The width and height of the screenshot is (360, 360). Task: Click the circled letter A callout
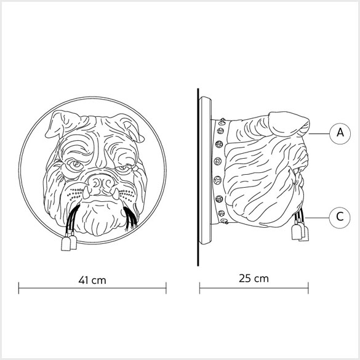pos(340,134)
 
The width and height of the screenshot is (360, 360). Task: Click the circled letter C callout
pos(340,217)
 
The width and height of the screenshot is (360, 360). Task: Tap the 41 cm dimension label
pos(92,280)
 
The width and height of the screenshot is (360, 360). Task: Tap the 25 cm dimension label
pos(254,278)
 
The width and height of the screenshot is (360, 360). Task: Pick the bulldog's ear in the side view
pos(289,124)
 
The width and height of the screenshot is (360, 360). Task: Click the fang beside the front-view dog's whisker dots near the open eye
pos(86,193)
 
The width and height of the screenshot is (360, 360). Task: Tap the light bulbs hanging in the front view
pos(69,243)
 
